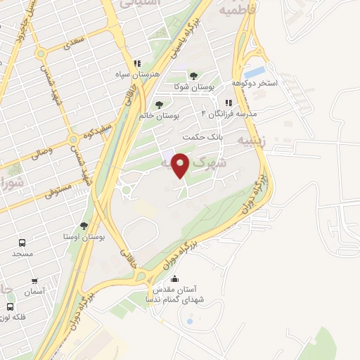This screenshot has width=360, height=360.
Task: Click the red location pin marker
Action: click(181, 165)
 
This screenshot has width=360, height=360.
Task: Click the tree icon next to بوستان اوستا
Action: click(84, 226)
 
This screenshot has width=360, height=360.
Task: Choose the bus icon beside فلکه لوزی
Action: click(10, 307)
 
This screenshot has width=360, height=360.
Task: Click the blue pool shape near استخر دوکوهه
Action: click(255, 72)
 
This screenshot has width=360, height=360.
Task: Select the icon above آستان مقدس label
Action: click(175, 278)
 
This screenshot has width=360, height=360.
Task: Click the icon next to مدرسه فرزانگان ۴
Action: click(228, 103)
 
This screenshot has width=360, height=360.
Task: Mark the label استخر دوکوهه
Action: click(277, 83)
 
